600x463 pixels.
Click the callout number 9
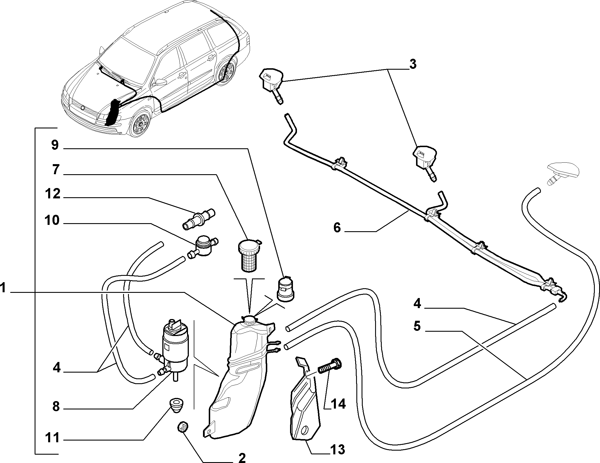point(55,145)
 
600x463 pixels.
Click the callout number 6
point(337,228)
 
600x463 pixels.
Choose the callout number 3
point(413,64)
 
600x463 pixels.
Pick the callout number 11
point(52,438)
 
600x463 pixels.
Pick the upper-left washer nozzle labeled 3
point(271,85)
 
